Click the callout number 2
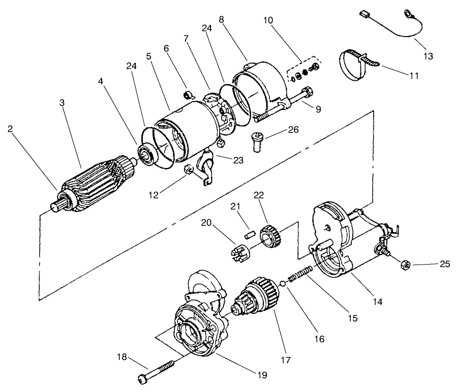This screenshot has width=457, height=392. tap(11, 128)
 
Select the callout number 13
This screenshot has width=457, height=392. tap(428, 56)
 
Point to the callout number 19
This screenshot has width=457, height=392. tap(261, 375)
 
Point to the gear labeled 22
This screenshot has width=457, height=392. tap(269, 235)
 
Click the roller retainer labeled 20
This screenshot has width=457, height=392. tap(236, 253)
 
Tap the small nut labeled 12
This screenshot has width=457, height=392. tap(188, 170)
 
